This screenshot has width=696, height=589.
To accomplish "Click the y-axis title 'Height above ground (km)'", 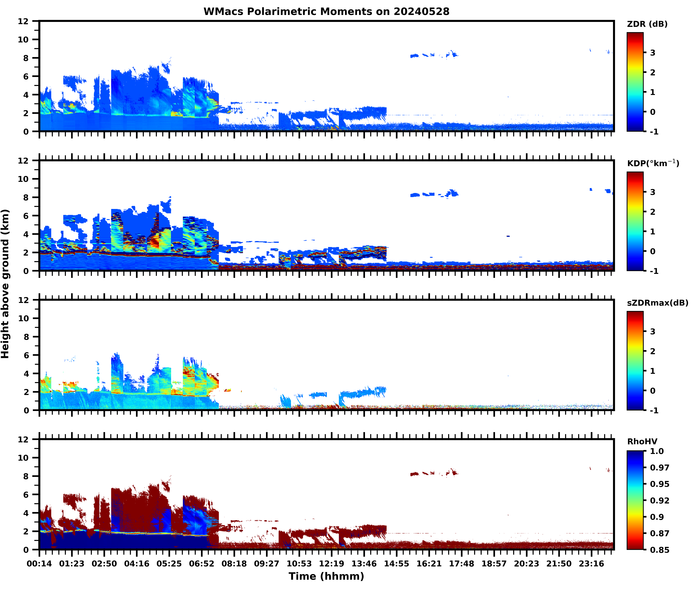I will click(5, 284).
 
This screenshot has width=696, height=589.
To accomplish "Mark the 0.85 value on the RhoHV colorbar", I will click(659, 550).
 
